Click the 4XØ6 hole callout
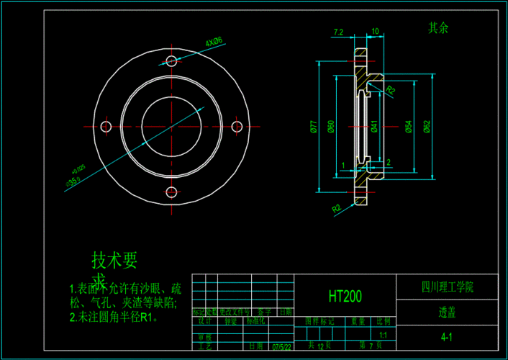214,42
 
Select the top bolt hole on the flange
172,60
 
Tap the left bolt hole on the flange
106,127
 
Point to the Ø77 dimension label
314,127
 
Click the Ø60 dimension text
331,127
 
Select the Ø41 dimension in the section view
375,127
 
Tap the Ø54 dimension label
408,127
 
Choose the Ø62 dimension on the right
427,127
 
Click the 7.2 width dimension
339,32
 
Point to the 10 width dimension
375,32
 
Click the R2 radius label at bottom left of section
336,208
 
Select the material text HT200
345,296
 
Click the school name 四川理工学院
447,287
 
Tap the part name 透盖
447,313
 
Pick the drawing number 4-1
447,337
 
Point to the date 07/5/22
281,346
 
